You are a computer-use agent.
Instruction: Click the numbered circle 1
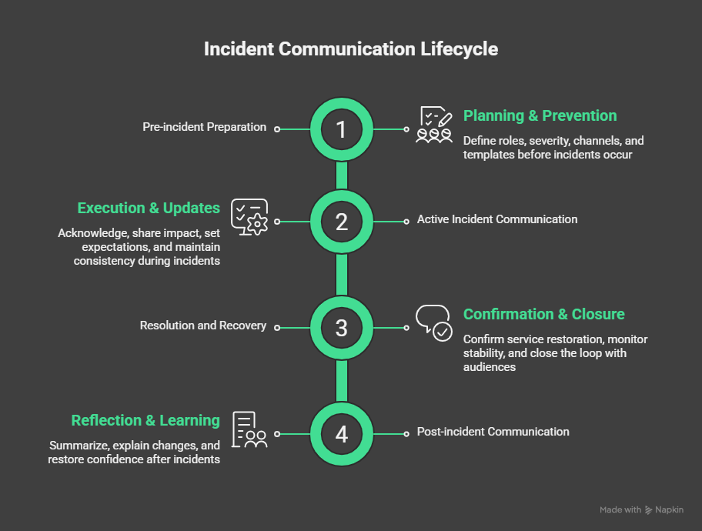tap(342, 129)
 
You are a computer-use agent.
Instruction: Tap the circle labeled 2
tap(342, 222)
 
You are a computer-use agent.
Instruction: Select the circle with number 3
tap(342, 328)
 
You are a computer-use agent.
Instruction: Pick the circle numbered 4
tap(342, 434)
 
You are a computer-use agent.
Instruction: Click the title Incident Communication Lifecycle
tap(351, 49)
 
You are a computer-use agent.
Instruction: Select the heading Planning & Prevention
tap(540, 116)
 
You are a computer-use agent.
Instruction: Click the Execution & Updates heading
tap(149, 209)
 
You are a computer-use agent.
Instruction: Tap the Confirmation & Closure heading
tap(543, 315)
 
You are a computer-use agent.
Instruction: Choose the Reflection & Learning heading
tap(145, 421)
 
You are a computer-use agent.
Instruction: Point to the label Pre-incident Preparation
tap(205, 127)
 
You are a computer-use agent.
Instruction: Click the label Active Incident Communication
tap(497, 219)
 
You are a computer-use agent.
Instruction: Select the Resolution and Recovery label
tap(203, 326)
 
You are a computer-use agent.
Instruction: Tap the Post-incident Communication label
tap(493, 432)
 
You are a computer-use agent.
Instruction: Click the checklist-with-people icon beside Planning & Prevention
tap(434, 125)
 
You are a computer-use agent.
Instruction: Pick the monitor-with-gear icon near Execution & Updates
tap(249, 217)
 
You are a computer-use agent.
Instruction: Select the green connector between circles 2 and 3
tap(342, 275)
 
